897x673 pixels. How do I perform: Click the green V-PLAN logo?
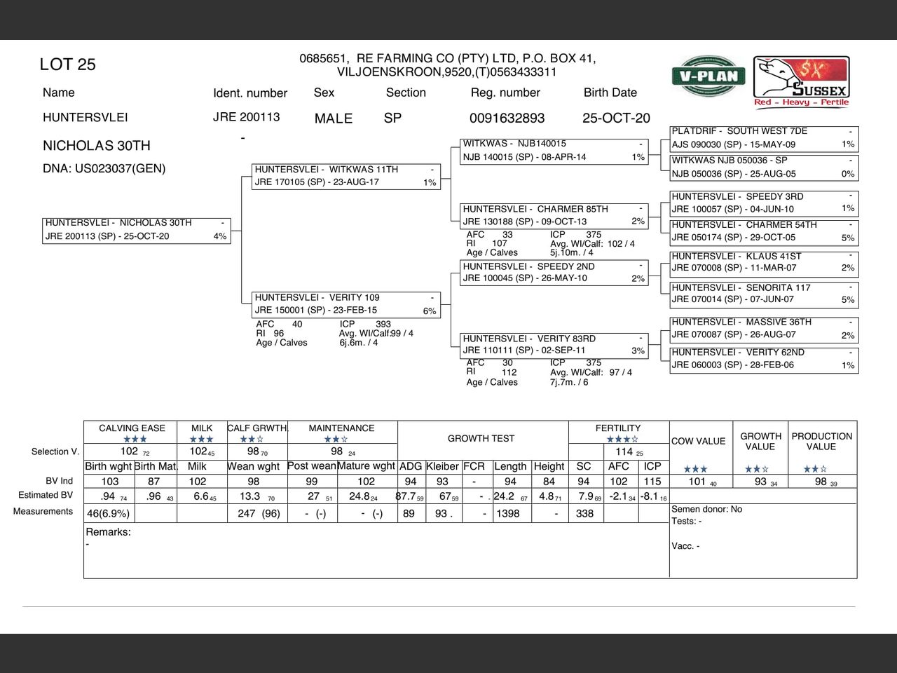point(708,76)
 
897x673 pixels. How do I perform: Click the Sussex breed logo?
point(802,81)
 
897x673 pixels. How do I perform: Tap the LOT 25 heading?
point(67,64)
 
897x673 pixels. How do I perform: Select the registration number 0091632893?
point(507,118)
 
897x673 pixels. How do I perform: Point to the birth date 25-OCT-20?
point(616,118)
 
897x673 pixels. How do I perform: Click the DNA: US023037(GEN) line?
point(104,168)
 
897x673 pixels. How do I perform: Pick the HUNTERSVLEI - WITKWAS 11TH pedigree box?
point(345,176)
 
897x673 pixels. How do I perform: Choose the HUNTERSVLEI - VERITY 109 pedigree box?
point(345,304)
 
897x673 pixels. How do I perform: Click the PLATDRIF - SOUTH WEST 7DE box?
point(764,138)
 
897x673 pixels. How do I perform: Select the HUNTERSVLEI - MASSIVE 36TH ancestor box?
point(764,329)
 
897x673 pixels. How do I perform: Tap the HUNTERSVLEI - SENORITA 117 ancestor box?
point(764,294)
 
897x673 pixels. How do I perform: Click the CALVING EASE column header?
point(132,428)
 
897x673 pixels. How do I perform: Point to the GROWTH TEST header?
point(481,439)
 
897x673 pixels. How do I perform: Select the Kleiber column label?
point(442,466)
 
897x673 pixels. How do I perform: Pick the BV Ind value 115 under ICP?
point(652,482)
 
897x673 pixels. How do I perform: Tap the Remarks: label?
point(108,532)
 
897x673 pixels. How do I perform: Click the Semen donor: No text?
point(706,510)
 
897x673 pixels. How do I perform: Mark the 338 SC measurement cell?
point(584,514)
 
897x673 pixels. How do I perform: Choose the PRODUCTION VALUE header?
point(821,441)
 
